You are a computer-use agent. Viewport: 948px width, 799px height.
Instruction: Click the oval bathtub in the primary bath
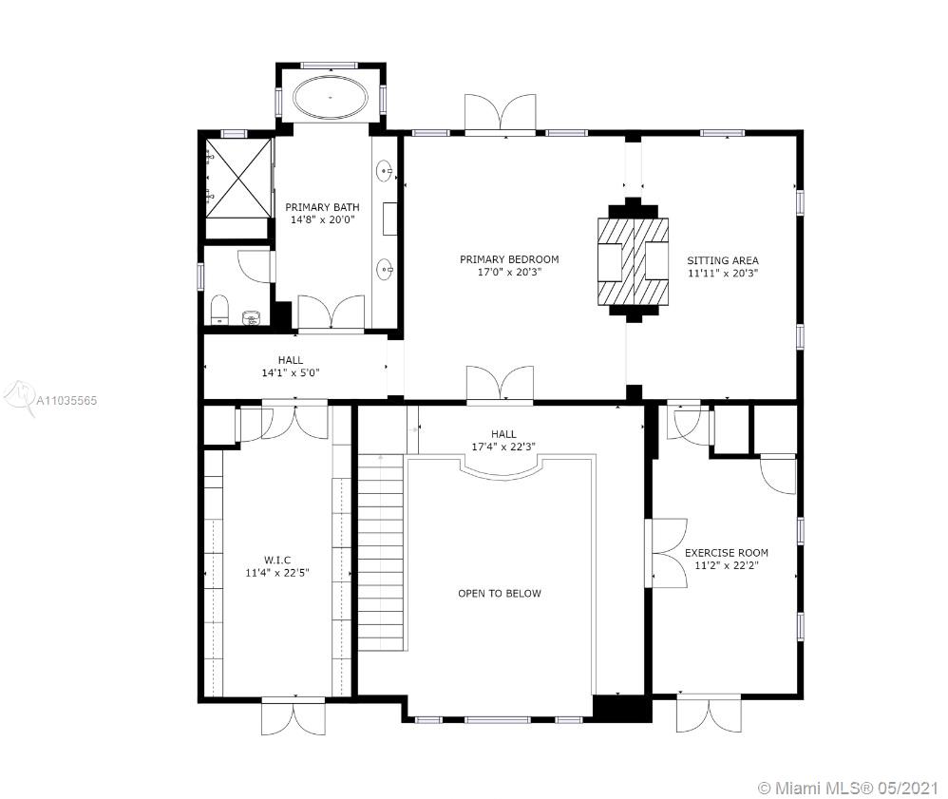(x=331, y=97)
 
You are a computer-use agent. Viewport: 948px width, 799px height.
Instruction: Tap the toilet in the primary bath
(x=219, y=310)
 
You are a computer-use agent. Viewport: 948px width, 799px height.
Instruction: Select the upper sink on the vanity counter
(x=385, y=171)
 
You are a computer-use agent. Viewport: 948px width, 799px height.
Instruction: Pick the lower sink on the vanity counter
(x=385, y=270)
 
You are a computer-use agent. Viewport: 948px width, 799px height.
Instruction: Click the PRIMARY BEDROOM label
(x=509, y=259)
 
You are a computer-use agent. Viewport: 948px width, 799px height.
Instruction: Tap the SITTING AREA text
(x=723, y=260)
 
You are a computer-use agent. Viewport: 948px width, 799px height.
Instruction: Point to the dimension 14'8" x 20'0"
(x=322, y=219)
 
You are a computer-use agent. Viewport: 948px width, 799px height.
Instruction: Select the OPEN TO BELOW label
(x=500, y=594)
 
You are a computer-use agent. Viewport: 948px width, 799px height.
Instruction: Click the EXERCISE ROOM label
(x=726, y=553)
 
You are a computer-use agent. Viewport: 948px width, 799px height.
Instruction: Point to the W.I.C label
(x=277, y=561)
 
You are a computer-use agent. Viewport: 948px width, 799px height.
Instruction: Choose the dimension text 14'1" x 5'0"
(x=291, y=373)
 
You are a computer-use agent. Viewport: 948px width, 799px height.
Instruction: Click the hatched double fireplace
(x=633, y=260)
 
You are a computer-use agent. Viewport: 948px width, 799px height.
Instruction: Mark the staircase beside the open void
(x=381, y=552)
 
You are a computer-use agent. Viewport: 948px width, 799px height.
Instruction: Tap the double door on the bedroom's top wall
(x=500, y=112)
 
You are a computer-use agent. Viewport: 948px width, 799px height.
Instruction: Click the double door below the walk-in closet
(x=294, y=717)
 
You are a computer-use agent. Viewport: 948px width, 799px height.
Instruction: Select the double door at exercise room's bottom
(x=709, y=713)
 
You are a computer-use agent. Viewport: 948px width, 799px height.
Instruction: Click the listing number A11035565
(x=66, y=400)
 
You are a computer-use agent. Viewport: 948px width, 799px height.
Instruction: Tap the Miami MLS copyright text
(x=848, y=788)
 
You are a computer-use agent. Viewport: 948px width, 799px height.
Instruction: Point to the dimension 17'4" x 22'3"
(x=503, y=447)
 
